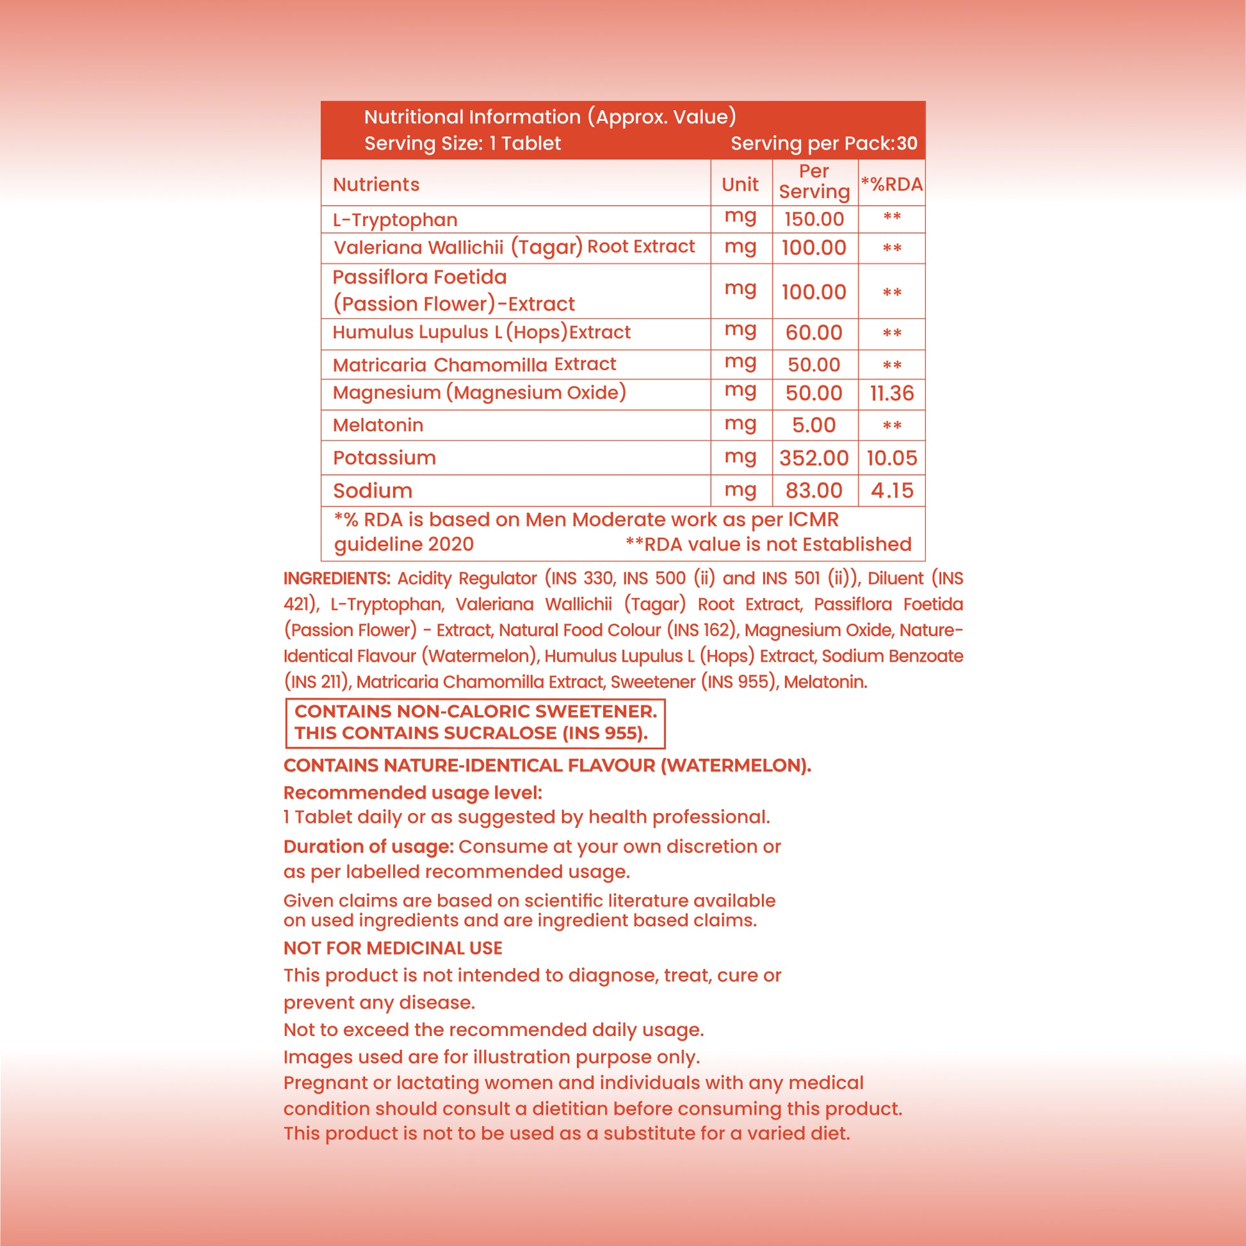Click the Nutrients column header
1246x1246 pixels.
(376, 184)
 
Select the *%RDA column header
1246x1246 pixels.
(891, 184)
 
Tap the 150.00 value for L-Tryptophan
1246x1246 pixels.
(814, 219)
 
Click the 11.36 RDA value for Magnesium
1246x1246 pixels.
(891, 393)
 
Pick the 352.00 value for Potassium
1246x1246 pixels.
(814, 458)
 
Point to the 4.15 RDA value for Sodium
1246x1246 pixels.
(891, 491)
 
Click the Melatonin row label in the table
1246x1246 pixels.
(378, 426)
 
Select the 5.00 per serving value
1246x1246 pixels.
(814, 426)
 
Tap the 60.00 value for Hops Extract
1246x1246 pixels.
(814, 333)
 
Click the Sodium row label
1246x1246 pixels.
(373, 491)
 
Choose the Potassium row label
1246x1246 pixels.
(384, 458)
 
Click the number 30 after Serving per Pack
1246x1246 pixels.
(907, 143)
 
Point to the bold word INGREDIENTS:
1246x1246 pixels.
(337, 579)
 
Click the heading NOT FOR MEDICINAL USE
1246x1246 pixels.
(392, 948)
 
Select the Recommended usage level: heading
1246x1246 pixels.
(413, 793)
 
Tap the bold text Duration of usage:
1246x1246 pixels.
(369, 846)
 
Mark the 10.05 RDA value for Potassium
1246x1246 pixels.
(891, 458)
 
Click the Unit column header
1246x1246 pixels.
(740, 184)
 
